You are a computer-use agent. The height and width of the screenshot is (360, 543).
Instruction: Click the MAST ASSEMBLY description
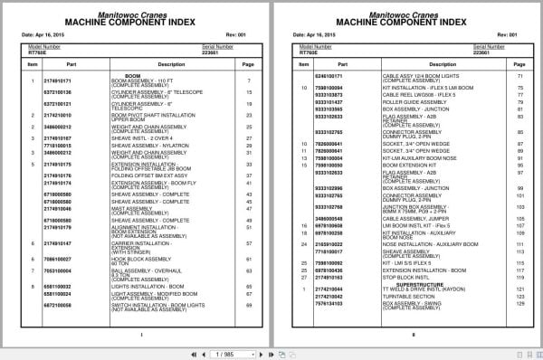coord(132,207)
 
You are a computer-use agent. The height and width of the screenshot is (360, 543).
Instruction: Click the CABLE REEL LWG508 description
coord(395,93)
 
